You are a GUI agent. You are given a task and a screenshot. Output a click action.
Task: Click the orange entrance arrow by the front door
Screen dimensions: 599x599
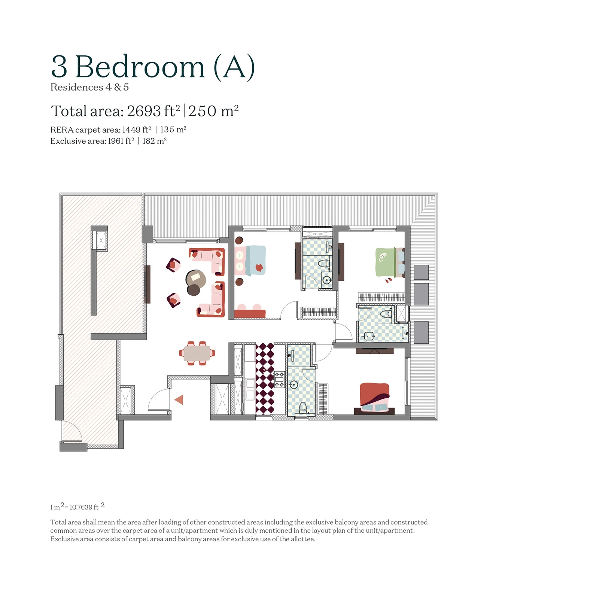pos(179,400)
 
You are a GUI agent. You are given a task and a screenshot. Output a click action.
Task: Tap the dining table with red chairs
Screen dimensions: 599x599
pos(197,353)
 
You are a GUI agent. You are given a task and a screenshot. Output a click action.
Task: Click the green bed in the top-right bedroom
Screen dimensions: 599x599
pos(386,262)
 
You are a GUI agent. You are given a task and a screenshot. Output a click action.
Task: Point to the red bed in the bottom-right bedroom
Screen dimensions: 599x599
pos(374,396)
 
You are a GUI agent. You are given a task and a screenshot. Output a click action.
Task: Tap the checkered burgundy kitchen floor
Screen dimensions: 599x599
pos(265,378)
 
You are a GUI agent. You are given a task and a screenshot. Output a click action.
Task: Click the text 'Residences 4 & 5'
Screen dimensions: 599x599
pos(89,87)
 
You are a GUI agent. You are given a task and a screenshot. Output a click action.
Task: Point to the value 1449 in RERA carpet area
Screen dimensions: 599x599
pos(131,130)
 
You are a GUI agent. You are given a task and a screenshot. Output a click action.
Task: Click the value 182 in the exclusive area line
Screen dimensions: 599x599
pos(149,141)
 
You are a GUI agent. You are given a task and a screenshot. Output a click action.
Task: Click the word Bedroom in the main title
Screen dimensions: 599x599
pos(140,67)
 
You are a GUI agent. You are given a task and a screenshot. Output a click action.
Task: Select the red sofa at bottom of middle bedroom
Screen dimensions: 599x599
pos(250,314)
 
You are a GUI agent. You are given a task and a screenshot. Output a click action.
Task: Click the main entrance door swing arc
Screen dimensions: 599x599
pos(159,399)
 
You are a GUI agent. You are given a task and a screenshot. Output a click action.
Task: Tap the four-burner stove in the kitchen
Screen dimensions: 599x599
pos(279,379)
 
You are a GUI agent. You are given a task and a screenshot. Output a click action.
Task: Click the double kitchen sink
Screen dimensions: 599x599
pos(250,389)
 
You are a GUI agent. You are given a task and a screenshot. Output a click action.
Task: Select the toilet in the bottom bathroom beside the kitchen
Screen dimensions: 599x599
pos(303,407)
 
